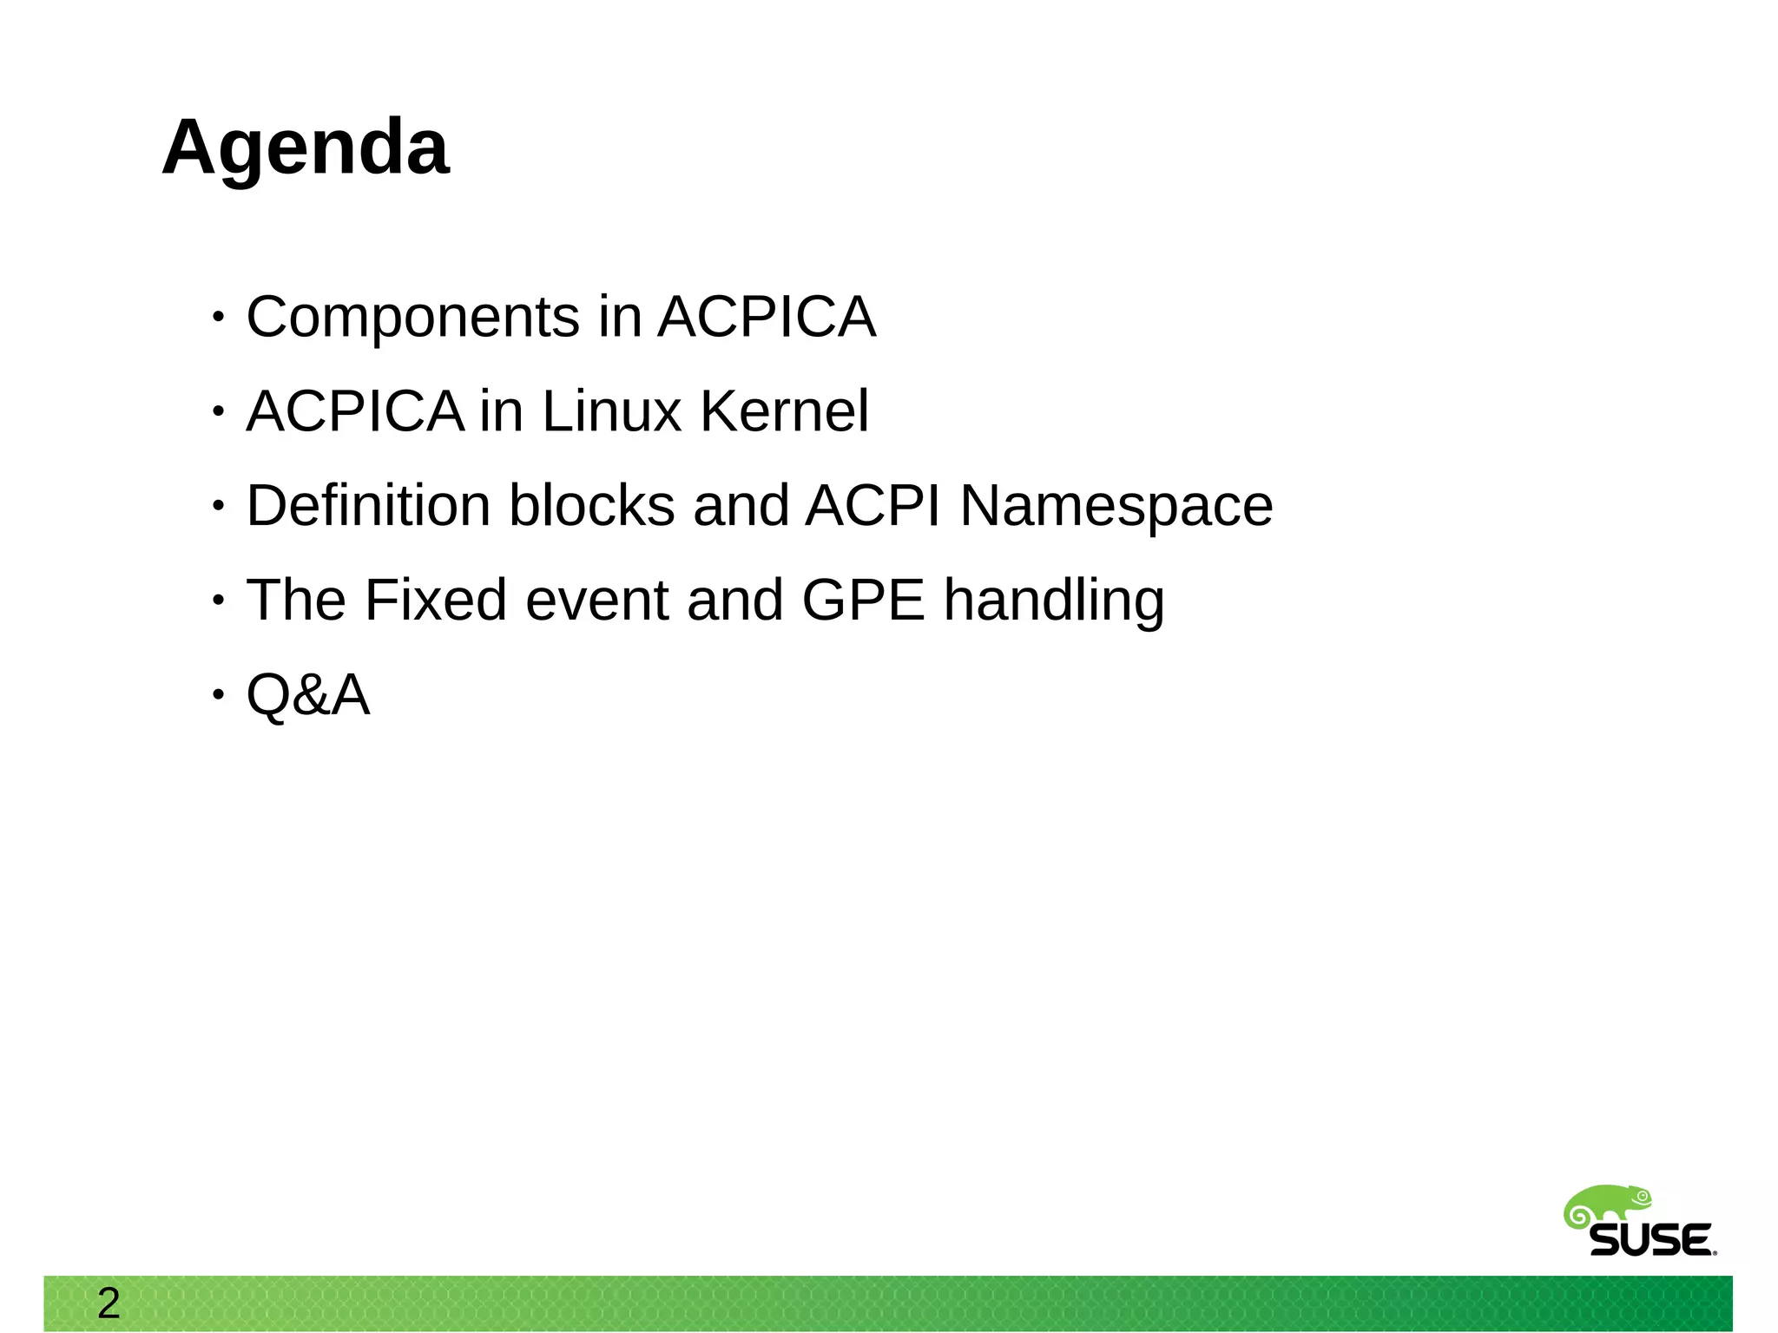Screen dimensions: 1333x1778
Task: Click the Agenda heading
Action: [306, 148]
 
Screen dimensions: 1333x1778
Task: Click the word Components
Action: [412, 318]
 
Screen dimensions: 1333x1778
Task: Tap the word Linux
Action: [611, 411]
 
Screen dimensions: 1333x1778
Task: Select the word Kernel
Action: [784, 411]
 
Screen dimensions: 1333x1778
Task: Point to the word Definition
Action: [368, 506]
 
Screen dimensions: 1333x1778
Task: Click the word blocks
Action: [591, 506]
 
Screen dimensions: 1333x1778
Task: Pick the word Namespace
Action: [1116, 508]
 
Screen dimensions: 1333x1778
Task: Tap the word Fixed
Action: [435, 600]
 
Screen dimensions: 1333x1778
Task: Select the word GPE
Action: [863, 600]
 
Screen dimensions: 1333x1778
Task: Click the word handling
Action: [1054, 601]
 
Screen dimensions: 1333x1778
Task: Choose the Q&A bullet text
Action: [308, 695]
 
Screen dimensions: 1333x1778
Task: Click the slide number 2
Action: [109, 1303]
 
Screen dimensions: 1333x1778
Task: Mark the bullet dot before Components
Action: [218, 318]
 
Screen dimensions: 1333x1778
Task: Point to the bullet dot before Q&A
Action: [218, 695]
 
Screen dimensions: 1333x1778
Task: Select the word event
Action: [596, 600]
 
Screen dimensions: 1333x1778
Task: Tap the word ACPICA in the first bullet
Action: [767, 318]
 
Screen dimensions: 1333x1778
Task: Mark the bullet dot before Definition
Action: [218, 506]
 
